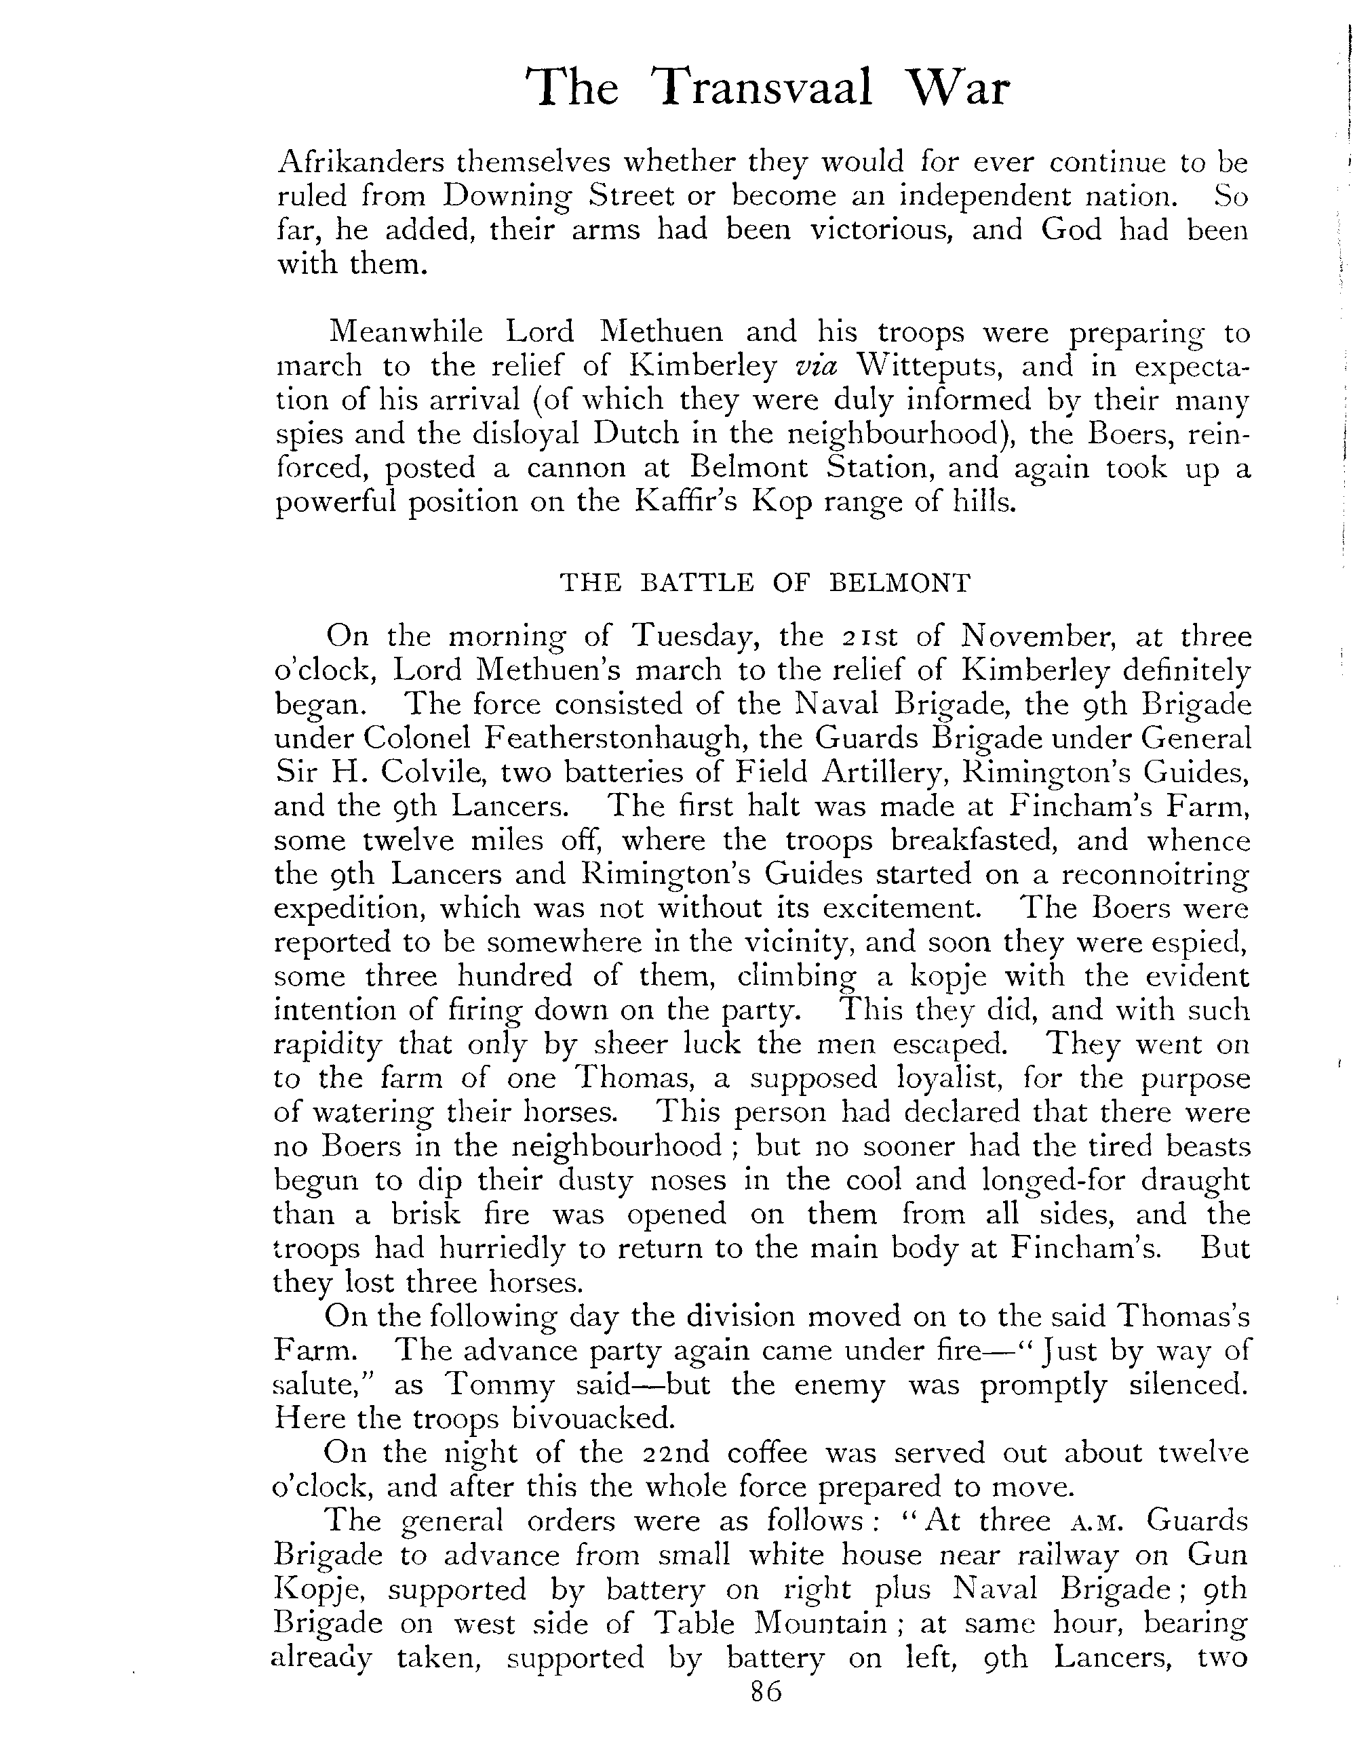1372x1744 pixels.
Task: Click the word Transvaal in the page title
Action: click(763, 87)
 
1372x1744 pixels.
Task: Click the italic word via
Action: click(815, 366)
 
